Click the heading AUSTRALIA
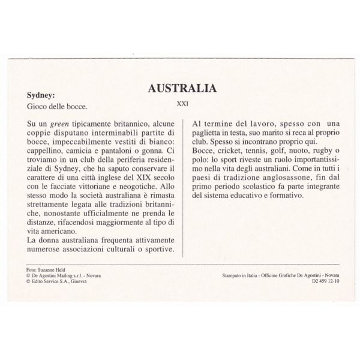(x=182, y=89)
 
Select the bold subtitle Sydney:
(x=42, y=94)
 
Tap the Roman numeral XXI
(x=182, y=103)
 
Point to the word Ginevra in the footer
(x=77, y=281)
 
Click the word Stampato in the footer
(x=231, y=276)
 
